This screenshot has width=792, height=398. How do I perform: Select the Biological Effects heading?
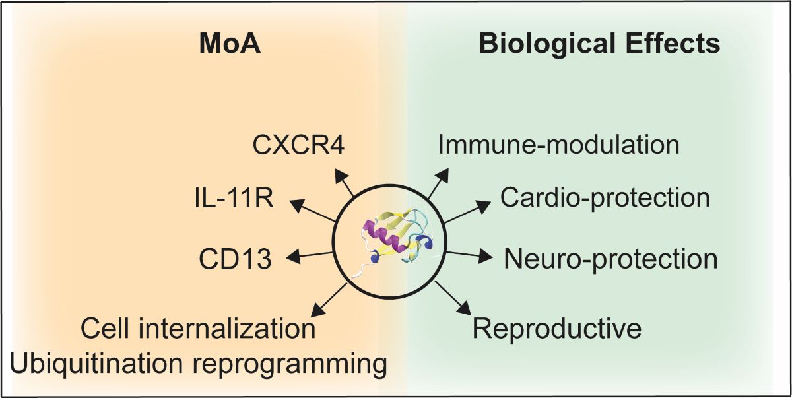click(599, 44)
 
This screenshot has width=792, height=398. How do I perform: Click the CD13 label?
click(235, 258)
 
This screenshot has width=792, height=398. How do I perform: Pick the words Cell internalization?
click(197, 328)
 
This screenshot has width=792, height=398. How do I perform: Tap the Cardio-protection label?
click(605, 197)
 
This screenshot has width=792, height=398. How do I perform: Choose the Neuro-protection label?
click(610, 259)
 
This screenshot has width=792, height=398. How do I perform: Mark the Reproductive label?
click(557, 328)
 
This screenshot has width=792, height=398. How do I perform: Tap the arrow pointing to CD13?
click(310, 255)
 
